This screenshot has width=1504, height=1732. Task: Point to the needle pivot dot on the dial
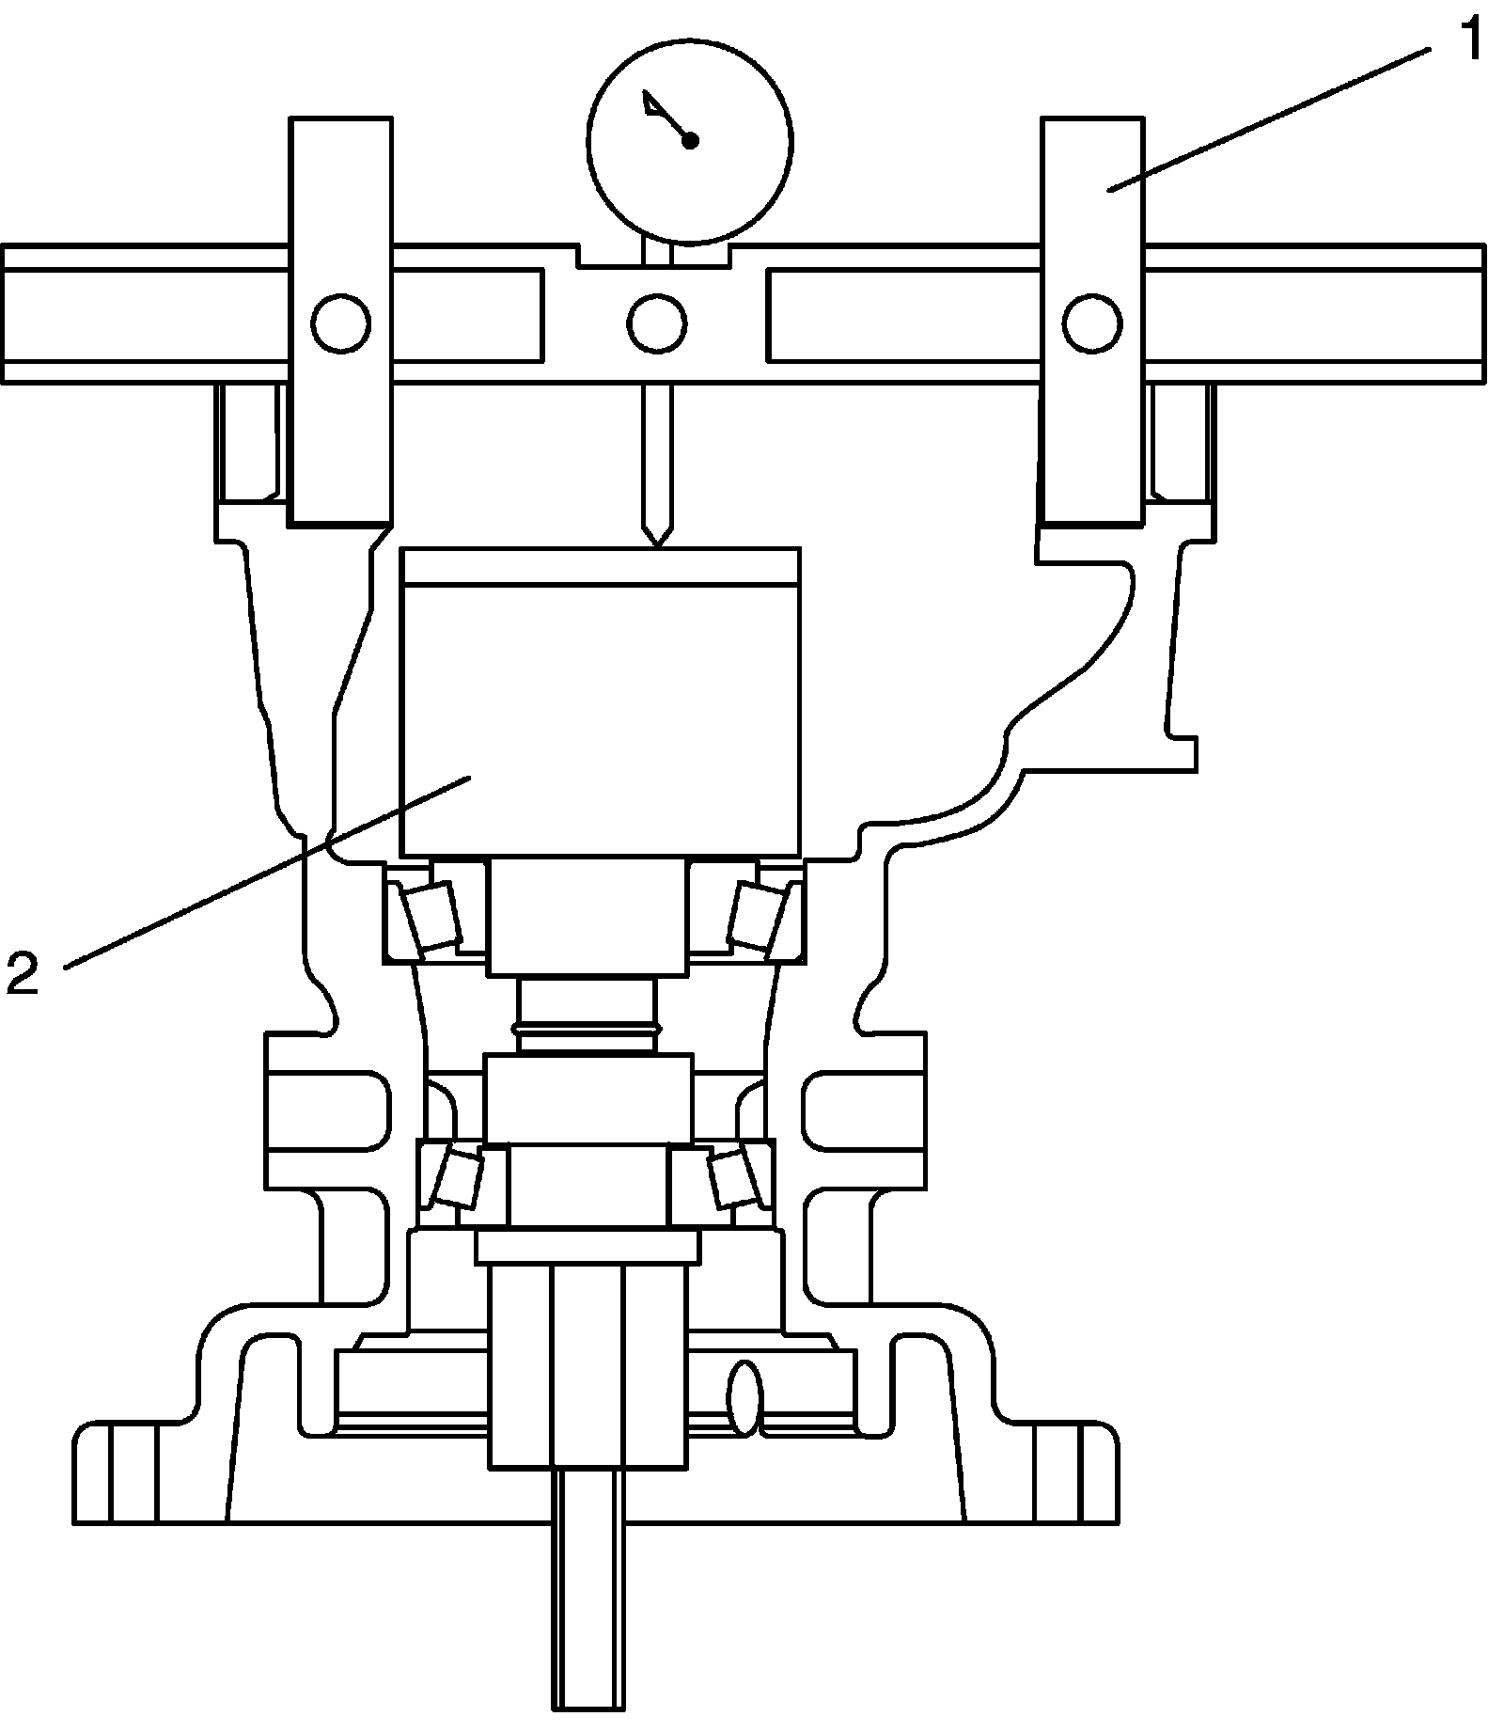tap(690, 141)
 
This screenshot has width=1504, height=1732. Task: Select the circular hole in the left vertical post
tap(340, 323)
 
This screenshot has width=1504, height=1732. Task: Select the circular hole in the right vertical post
tap(1092, 323)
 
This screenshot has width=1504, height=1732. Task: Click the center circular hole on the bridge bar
tap(656, 323)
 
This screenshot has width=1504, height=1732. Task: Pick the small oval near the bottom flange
tap(744, 1398)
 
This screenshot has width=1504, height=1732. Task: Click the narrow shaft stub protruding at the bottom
tap(588, 1598)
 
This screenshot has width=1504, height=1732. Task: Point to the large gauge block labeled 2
tap(600, 705)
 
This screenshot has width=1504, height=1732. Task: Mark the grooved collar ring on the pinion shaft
tap(588, 1032)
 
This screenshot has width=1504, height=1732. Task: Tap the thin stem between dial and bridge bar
tap(657, 251)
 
